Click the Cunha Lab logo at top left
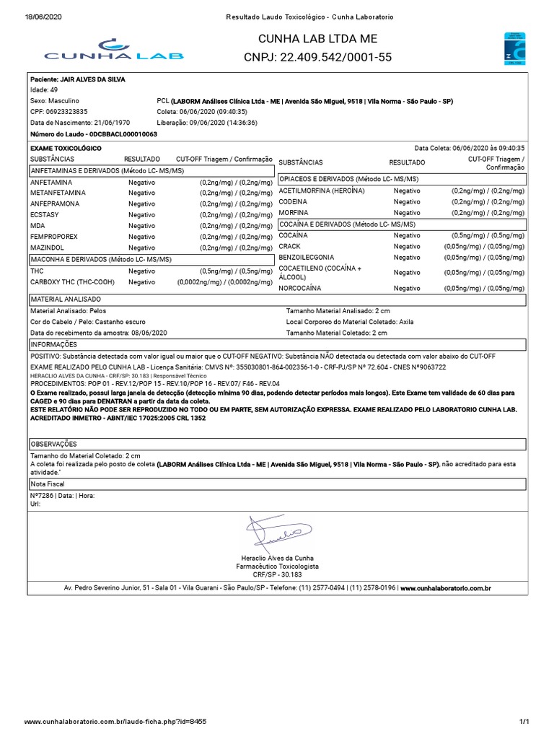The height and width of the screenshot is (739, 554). pos(114,49)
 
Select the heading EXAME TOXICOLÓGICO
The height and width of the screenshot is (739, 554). pos(66,148)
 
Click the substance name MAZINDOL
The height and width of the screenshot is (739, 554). pos(47,248)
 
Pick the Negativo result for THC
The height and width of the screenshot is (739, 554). pos(141,271)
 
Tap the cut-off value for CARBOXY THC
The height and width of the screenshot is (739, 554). pos(224,282)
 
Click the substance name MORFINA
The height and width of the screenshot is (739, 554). pos(294,213)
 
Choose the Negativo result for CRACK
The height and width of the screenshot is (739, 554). pos(407,246)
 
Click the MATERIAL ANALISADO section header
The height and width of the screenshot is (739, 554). pos(66,299)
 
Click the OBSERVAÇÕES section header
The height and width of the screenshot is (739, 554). pos(53,444)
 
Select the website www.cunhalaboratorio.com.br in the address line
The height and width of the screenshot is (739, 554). pos(445,588)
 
